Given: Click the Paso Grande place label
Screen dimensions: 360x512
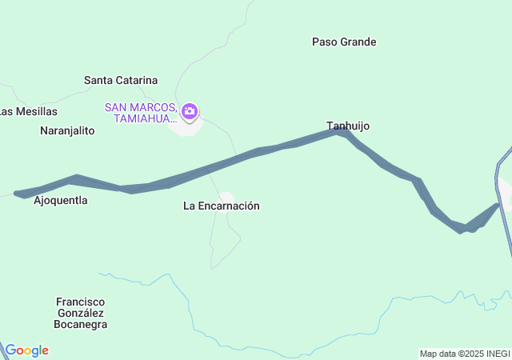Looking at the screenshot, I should [344, 42].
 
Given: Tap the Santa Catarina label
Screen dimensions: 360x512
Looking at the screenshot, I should [121, 80].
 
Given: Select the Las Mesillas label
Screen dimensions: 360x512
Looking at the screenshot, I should [30, 111].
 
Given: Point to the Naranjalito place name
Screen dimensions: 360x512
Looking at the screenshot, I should [67, 130].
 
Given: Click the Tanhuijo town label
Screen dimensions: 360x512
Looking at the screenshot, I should [348, 126].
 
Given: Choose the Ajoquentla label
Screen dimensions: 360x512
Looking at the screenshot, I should [61, 201].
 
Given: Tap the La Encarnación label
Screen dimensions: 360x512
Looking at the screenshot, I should [222, 206].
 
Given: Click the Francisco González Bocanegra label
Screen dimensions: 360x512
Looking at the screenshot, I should [80, 313].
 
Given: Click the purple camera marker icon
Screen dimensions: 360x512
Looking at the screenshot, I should [190, 111].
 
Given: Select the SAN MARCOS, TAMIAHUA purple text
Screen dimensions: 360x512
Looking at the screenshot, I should [140, 113].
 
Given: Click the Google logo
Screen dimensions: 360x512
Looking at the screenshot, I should [26, 350].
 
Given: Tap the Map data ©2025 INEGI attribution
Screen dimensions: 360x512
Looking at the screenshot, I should [464, 354].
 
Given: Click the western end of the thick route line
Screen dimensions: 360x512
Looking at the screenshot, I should [18, 193].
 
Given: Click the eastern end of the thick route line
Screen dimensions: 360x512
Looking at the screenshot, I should [498, 206].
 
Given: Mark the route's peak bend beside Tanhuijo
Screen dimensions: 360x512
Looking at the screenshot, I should [342, 130].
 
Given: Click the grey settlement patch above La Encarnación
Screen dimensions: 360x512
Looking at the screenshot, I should [227, 197].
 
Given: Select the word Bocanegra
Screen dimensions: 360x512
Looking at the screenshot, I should [80, 325].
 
